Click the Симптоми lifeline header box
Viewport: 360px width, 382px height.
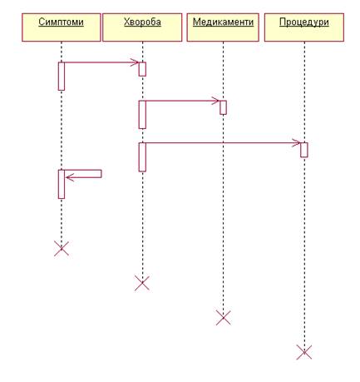point(62,27)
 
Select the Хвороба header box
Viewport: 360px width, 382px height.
point(142,27)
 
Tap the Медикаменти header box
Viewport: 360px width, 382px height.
point(223,27)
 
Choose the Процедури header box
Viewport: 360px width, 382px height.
point(304,27)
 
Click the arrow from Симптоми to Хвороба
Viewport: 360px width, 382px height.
point(101,62)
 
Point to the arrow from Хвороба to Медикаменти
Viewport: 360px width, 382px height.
point(183,101)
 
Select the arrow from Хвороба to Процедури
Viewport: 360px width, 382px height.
point(223,143)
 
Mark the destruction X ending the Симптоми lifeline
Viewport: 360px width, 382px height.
point(62,248)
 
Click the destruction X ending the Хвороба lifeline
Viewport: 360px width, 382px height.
point(142,283)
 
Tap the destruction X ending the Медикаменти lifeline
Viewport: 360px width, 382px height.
point(223,318)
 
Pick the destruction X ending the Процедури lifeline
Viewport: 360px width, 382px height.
point(304,352)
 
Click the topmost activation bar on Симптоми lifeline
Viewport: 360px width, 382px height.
point(62,76)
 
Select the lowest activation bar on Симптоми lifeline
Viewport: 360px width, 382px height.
point(62,184)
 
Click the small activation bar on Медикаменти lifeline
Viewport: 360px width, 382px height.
point(223,107)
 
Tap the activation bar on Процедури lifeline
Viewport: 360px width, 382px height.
point(304,150)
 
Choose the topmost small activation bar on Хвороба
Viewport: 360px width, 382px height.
point(142,69)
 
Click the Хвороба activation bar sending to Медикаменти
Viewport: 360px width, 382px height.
point(142,115)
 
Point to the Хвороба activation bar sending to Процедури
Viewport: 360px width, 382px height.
point(142,157)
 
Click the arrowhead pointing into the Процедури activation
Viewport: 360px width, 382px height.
point(297,143)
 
